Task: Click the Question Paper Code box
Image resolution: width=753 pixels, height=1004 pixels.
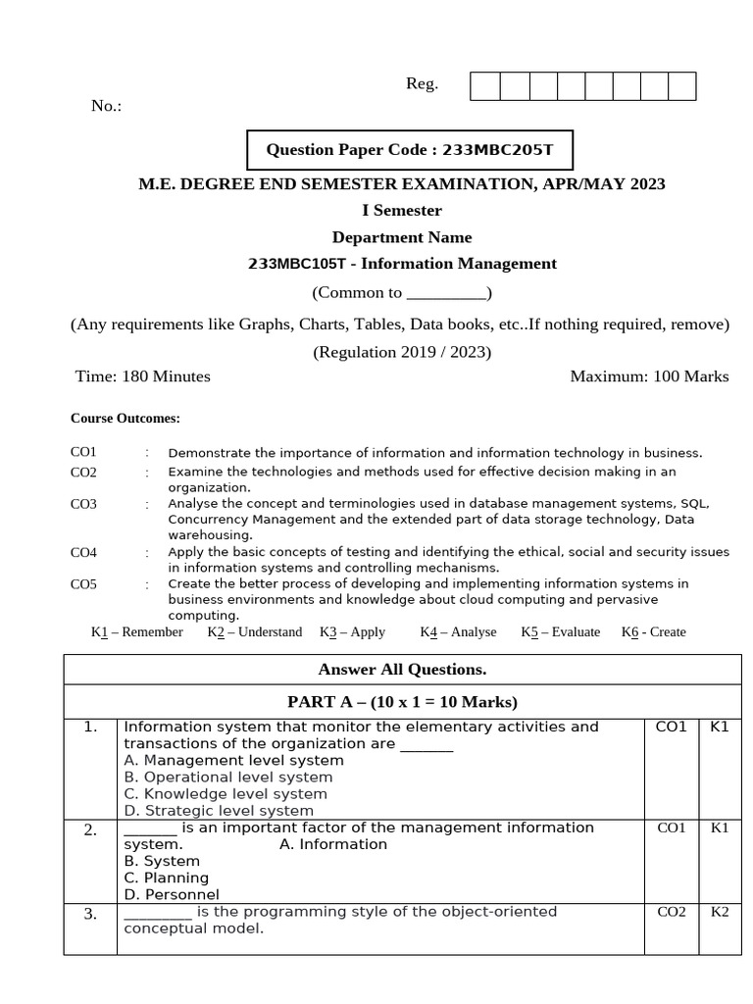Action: [409, 150]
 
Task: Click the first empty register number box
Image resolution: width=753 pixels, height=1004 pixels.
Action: [484, 86]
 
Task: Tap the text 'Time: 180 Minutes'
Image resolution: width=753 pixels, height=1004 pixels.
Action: [143, 376]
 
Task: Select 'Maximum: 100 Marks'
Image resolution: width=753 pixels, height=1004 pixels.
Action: [649, 376]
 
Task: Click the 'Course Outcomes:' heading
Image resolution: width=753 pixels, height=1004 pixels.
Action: [125, 418]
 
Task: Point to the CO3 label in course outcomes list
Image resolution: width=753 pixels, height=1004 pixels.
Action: [83, 504]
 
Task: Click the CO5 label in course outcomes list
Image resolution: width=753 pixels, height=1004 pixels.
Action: [83, 584]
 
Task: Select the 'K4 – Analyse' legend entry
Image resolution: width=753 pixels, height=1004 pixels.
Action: [458, 632]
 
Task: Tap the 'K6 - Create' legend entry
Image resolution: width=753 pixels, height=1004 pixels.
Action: [653, 632]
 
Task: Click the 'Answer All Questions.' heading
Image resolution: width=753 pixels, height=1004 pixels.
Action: [402, 670]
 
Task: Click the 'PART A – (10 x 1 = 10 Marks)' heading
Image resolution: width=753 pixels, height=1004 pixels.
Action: [402, 702]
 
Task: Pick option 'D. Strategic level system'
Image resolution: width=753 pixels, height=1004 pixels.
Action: [219, 811]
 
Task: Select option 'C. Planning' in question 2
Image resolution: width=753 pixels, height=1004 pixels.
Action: [166, 878]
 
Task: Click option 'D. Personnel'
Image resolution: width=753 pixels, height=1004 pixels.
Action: [172, 895]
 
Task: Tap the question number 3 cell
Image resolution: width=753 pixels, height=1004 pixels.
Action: [90, 915]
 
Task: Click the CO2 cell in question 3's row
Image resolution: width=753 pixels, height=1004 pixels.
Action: [671, 913]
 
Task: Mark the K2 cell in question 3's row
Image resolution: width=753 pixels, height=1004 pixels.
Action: [720, 913]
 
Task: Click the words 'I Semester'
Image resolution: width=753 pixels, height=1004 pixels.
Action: [402, 211]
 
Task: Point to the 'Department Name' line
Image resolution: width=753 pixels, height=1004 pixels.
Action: [402, 237]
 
